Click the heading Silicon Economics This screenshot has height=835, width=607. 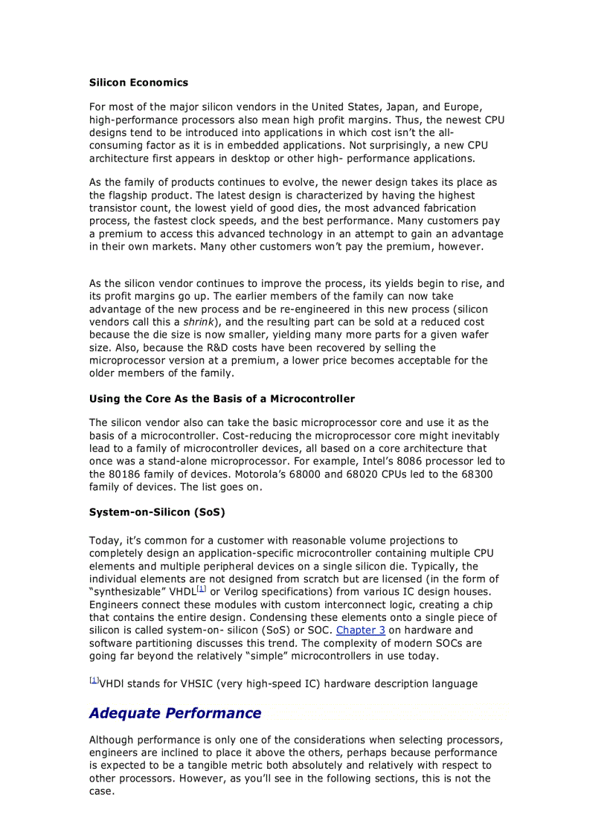pos(138,83)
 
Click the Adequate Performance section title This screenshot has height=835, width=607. pos(175,713)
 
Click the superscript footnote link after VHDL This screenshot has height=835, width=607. pos(201,589)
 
